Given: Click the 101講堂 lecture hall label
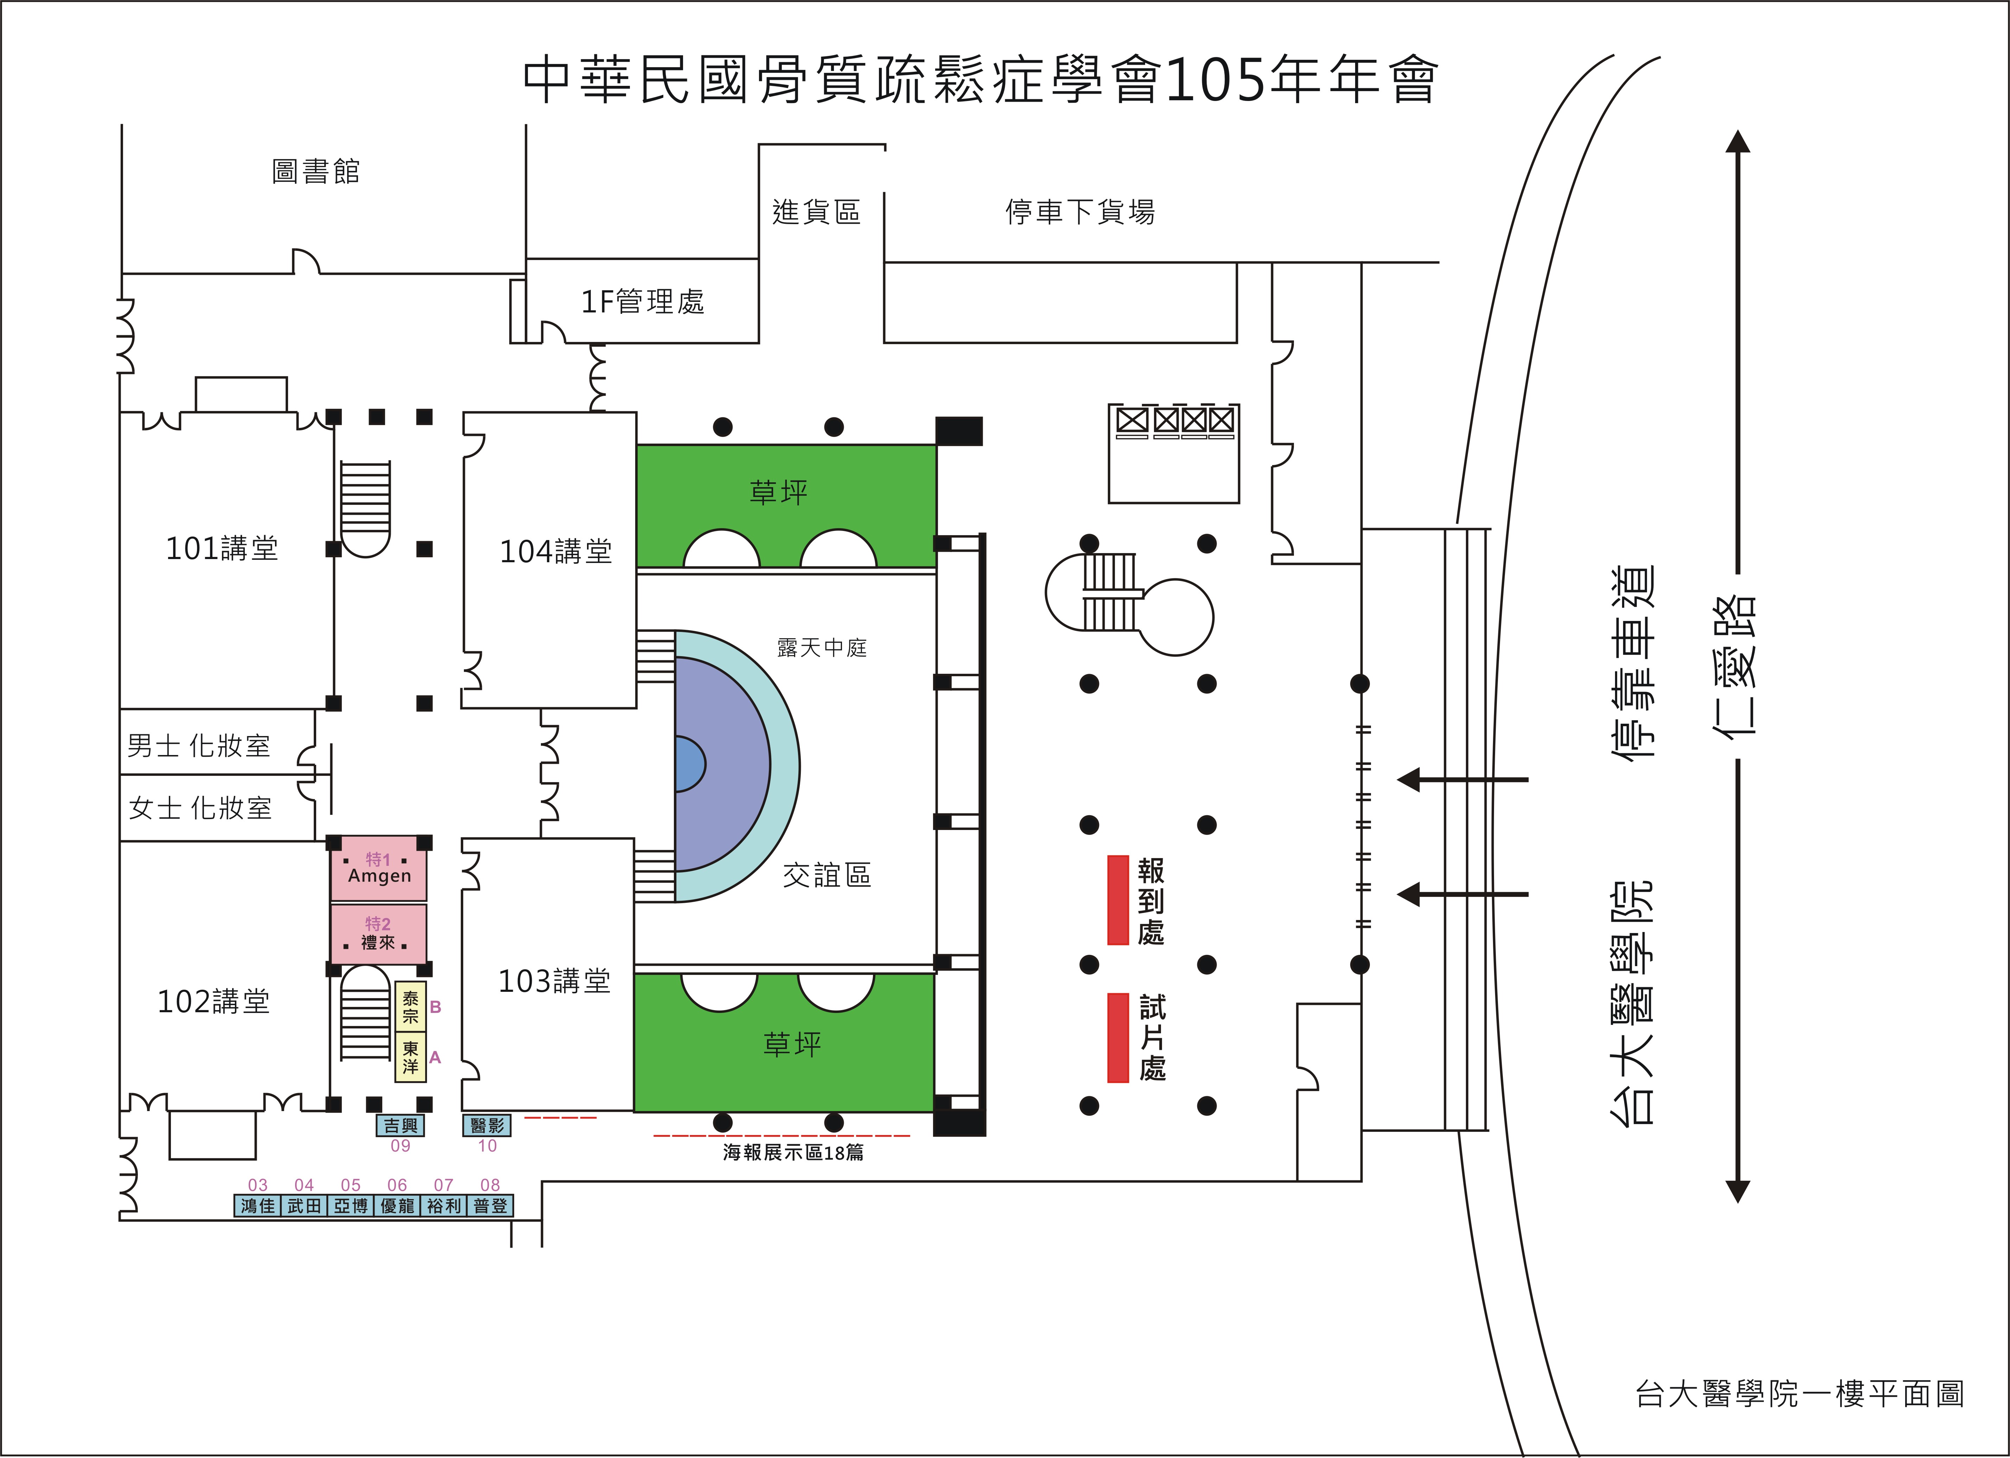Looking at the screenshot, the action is (222, 549).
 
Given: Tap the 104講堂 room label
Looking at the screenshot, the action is (556, 551).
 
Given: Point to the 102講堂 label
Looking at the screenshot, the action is (213, 1002).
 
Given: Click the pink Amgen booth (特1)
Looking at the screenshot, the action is (378, 869).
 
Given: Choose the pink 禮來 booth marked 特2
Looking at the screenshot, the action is (378, 933).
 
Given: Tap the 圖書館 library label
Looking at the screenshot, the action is (315, 171).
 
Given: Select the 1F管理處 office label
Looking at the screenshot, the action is (643, 302).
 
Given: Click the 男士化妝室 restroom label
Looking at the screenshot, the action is (198, 746).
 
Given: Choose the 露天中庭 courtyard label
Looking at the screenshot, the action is (822, 648).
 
